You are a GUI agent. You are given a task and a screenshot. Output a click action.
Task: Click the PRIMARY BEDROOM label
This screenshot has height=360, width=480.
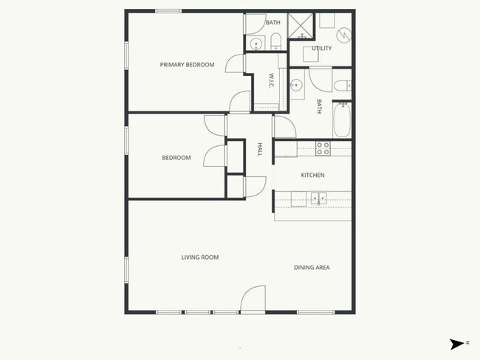(187, 65)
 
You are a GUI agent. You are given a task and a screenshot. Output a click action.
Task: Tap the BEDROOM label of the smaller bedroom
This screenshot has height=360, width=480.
(176, 158)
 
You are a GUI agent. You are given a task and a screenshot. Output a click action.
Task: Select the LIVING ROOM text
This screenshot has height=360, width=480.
(200, 257)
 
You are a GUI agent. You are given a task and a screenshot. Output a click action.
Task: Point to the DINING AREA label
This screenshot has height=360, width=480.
(312, 267)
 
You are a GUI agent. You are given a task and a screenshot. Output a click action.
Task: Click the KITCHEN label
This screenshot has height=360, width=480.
(312, 176)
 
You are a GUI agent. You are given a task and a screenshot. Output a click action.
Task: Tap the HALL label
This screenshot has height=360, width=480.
(260, 149)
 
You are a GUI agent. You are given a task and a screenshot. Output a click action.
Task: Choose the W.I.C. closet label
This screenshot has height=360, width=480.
(272, 80)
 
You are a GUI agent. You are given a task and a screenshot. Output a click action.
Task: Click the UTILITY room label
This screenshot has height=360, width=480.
(321, 49)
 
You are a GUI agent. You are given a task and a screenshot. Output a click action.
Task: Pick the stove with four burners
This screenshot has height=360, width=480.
(323, 148)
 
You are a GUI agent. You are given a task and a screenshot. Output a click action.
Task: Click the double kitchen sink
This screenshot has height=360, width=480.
(319, 198)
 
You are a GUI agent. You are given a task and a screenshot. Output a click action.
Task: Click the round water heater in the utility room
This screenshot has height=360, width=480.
(343, 35)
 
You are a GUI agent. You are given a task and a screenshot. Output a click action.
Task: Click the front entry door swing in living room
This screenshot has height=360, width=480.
(253, 299)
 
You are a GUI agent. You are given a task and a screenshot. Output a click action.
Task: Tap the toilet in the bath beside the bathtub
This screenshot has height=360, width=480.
(342, 86)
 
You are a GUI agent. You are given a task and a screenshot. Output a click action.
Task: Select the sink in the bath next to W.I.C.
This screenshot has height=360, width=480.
(297, 85)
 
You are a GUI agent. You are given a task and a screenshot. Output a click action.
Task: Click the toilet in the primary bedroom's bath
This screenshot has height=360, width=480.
(275, 41)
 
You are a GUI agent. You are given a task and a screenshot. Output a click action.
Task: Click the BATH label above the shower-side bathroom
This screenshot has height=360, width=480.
(273, 22)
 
